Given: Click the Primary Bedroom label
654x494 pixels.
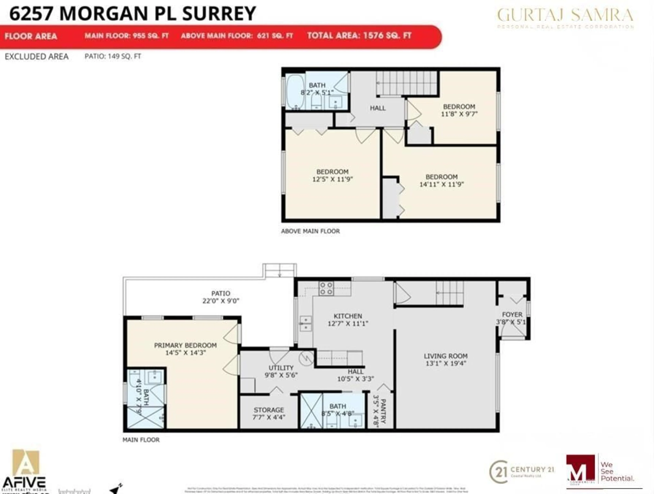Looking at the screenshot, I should [185, 345].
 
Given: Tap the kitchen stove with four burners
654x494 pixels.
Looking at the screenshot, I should [326, 288].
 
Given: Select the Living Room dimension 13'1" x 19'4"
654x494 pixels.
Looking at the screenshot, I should [446, 363].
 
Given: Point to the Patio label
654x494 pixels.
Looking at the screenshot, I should [221, 293].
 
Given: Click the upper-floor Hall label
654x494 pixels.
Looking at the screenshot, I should [378, 108].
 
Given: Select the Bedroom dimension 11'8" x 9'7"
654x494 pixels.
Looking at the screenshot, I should [459, 114].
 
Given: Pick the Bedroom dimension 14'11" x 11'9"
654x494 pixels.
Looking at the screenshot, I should [441, 184].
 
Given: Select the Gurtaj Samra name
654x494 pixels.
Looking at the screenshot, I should [565, 15].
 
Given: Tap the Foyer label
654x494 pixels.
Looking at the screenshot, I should [512, 314].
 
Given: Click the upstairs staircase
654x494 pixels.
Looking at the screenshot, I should [407, 83].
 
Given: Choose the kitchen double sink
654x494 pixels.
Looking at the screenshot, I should [305, 323].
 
